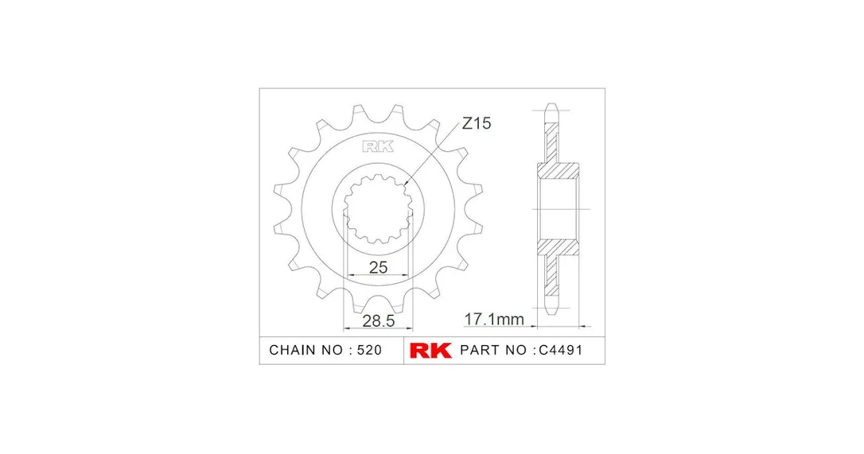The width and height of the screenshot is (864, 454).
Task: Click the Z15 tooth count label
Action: [x=476, y=123]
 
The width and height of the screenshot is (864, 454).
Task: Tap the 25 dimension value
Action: [x=378, y=268]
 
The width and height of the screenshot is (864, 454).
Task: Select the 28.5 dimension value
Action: [x=379, y=320]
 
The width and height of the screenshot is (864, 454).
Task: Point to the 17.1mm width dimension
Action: [x=494, y=319]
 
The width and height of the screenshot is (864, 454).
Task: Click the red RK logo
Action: [x=430, y=351]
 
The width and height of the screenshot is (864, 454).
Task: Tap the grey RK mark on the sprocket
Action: [x=378, y=146]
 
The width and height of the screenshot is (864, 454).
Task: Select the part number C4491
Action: [x=560, y=351]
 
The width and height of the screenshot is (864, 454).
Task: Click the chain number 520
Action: [x=369, y=351]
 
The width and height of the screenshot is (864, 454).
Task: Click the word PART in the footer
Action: [x=479, y=351]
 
